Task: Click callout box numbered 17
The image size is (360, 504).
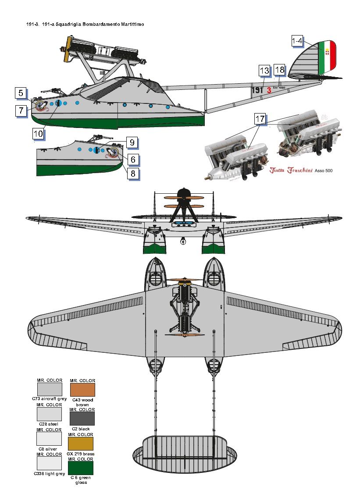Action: (260, 119)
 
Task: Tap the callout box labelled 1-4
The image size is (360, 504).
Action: (297, 41)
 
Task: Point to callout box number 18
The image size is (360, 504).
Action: (279, 70)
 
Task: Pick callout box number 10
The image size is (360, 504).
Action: (38, 133)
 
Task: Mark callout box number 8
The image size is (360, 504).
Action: (133, 174)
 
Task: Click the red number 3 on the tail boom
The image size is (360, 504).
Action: (269, 90)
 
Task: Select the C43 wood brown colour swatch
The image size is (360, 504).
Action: (82, 390)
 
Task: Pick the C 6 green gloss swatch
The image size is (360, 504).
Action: (82, 468)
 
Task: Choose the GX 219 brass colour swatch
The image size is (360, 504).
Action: (82, 444)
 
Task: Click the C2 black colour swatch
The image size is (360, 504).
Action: (82, 419)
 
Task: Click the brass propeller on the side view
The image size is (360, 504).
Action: (67, 48)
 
